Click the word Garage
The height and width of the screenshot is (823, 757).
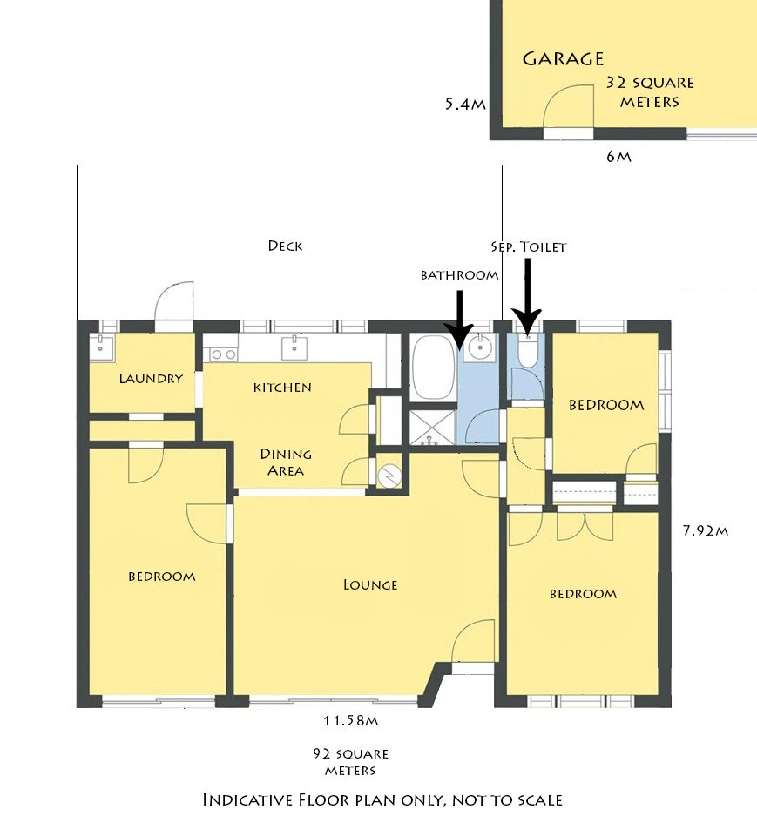coord(563,58)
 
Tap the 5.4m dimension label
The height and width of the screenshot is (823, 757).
coord(465,104)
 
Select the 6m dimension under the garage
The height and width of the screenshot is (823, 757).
coord(618,157)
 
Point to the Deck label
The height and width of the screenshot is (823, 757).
coord(285,246)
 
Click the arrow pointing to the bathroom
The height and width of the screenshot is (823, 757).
coord(459,320)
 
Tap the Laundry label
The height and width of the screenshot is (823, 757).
coord(151,379)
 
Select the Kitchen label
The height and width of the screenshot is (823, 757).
coord(282,388)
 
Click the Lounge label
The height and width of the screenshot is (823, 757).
coord(370,584)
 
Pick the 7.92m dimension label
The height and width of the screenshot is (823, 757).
coord(705,530)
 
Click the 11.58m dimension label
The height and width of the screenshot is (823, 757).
coord(350,720)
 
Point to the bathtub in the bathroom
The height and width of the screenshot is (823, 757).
coord(432,369)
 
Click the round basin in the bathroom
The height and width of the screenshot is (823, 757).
coord(479,347)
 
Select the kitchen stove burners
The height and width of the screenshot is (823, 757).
coord(223,354)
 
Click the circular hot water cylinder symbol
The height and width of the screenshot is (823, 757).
coord(390,475)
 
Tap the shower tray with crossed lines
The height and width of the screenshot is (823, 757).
coord(431,428)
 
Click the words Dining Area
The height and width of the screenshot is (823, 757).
coord(286,462)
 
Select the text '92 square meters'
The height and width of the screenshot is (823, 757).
coord(350,762)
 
